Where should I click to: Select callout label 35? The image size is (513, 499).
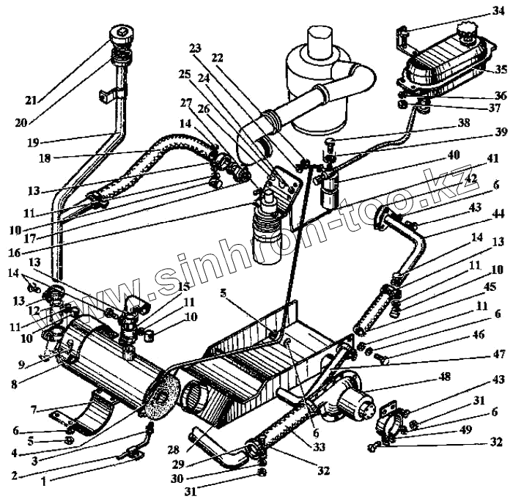[501, 70]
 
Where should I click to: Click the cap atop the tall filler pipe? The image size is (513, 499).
[121, 34]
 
